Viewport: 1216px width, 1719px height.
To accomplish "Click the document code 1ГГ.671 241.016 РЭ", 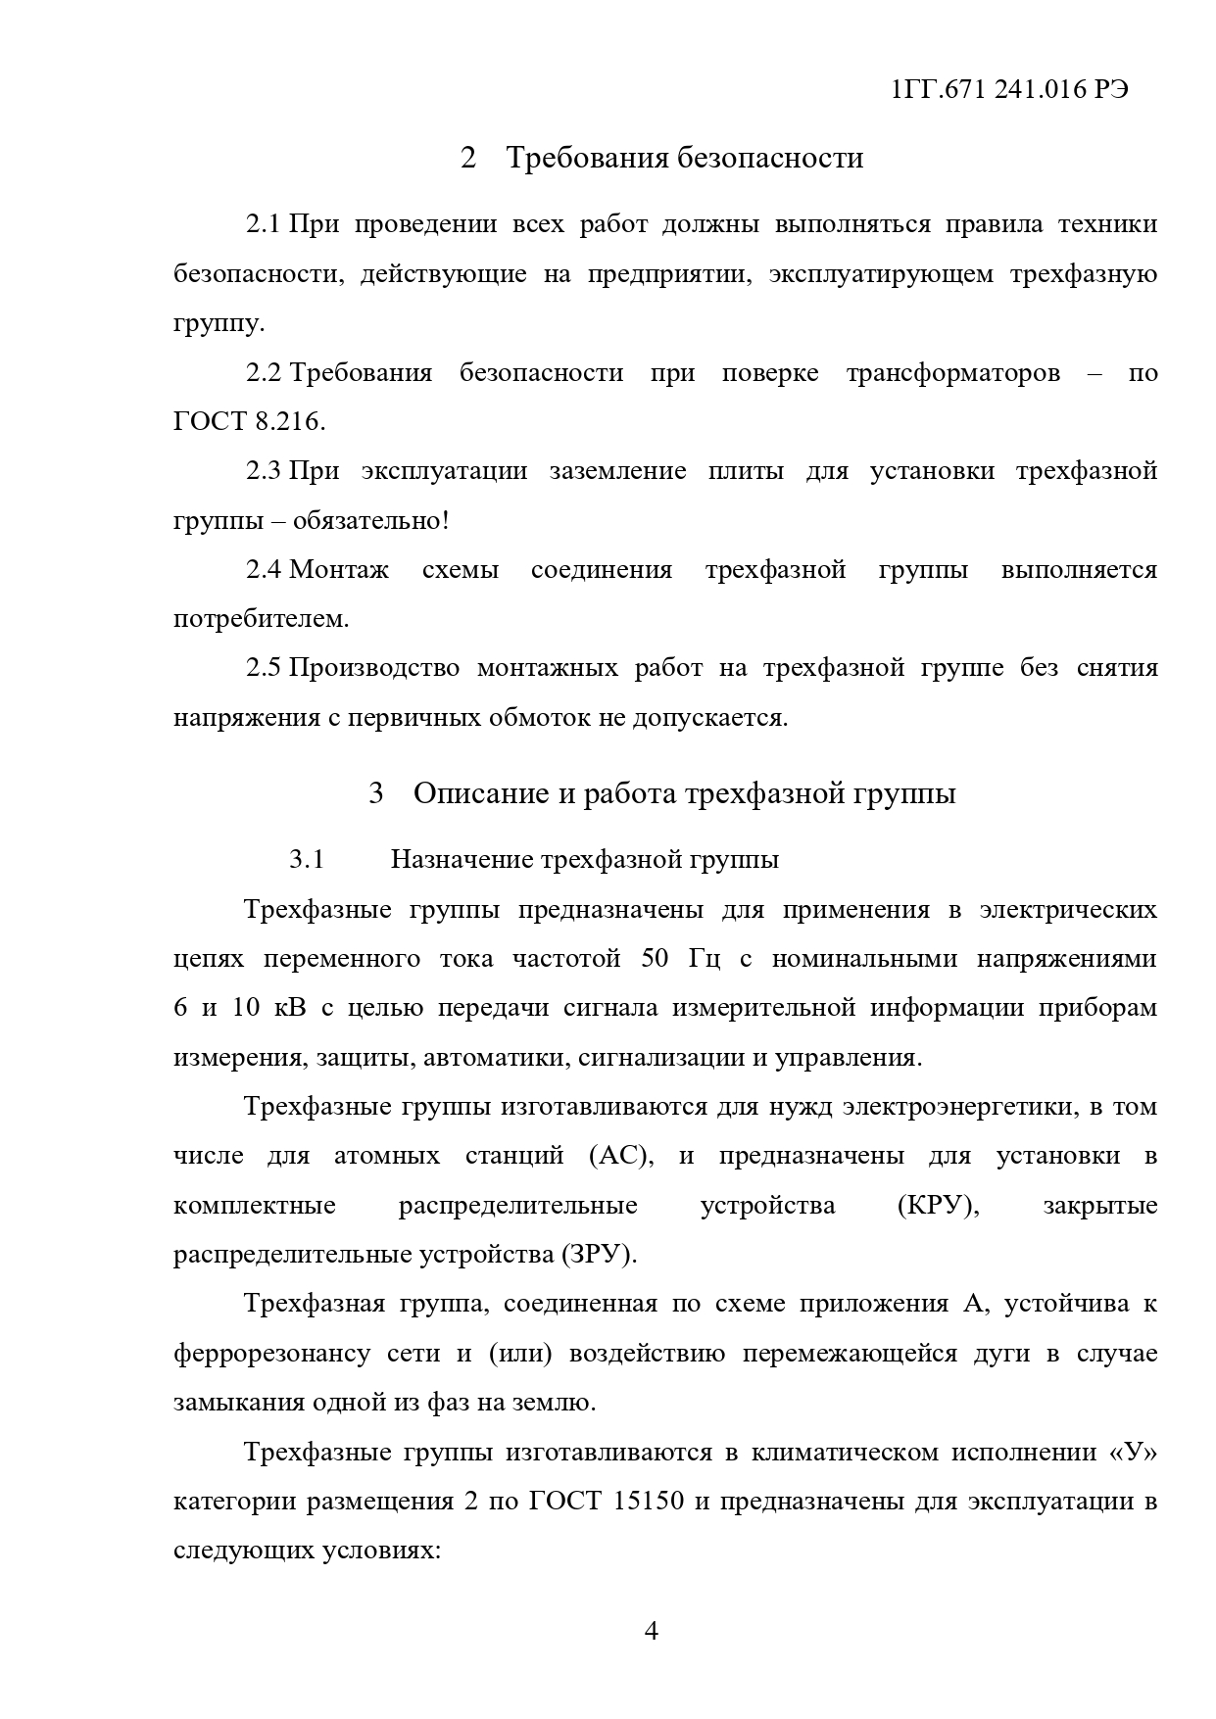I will (x=1009, y=89).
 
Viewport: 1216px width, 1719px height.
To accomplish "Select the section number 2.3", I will (x=263, y=471).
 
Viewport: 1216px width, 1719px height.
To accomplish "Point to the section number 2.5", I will (x=263, y=668).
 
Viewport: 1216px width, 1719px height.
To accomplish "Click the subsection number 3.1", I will (x=306, y=860).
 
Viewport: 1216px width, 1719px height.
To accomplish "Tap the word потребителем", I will (x=261, y=619).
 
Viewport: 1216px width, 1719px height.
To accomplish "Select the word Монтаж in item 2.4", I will (x=339, y=570).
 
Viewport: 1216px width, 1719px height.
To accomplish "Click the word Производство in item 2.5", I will (x=374, y=668).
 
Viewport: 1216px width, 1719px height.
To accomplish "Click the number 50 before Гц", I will (x=656, y=958).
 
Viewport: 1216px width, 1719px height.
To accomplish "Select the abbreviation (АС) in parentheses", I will (x=621, y=1156).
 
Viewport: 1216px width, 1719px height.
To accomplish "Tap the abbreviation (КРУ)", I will (x=938, y=1205).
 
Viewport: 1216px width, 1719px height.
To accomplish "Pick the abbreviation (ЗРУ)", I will (x=599, y=1255).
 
